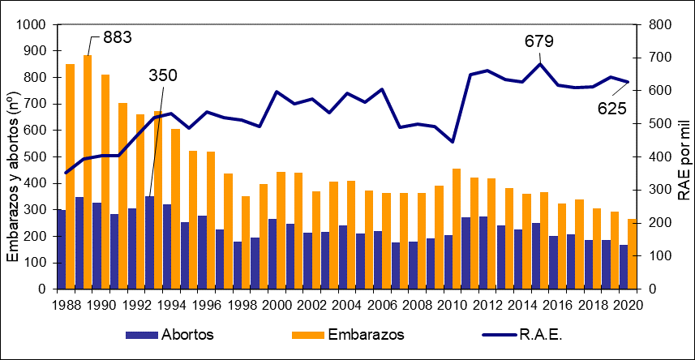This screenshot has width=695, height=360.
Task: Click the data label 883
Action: [x=117, y=37]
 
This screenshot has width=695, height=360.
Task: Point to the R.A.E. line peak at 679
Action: [x=539, y=64]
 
